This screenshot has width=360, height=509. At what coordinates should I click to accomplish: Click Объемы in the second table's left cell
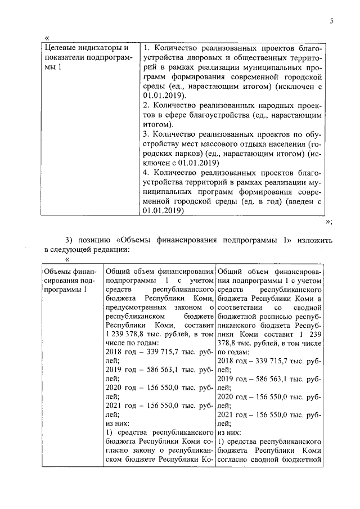tap(58, 272)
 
